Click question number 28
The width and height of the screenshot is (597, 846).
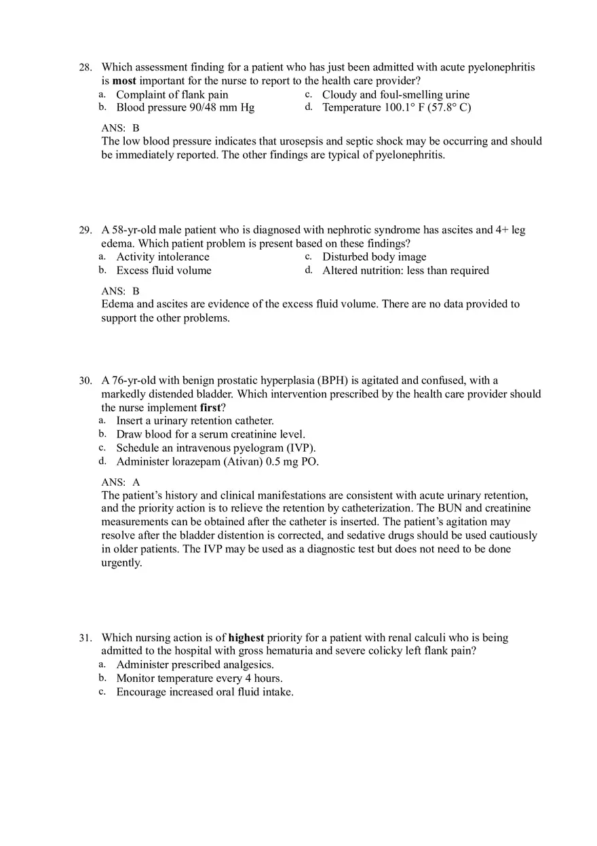pyautogui.click(x=85, y=68)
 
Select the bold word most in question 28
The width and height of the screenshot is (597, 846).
pyautogui.click(x=124, y=81)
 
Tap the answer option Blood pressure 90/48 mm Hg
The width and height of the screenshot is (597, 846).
pyautogui.click(x=185, y=108)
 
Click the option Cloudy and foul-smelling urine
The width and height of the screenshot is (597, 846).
pyautogui.click(x=396, y=95)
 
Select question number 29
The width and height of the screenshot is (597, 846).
pyautogui.click(x=85, y=231)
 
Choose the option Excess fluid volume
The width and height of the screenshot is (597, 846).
pyautogui.click(x=163, y=271)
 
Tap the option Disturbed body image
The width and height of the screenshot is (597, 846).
pyautogui.click(x=374, y=257)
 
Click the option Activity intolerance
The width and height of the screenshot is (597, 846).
pyautogui.click(x=163, y=257)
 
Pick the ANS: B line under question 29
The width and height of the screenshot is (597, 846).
pyautogui.click(x=120, y=291)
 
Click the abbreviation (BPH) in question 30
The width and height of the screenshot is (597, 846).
pyautogui.click(x=332, y=381)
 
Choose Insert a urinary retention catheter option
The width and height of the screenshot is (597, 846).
pyautogui.click(x=195, y=421)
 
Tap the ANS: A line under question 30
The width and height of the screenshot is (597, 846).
pyautogui.click(x=120, y=482)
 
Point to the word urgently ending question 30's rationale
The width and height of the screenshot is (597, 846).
pyautogui.click(x=121, y=563)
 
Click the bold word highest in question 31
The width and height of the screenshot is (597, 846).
pyautogui.click(x=246, y=638)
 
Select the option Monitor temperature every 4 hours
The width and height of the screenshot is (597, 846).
pyautogui.click(x=199, y=678)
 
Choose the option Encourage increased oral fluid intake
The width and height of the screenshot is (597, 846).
pyautogui.click(x=204, y=692)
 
